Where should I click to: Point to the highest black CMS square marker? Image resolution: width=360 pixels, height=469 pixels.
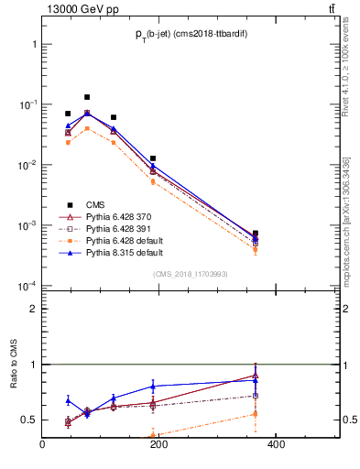87,97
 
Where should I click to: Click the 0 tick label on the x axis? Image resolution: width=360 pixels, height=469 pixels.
42,445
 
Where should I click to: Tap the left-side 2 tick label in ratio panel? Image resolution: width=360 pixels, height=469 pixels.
33,309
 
